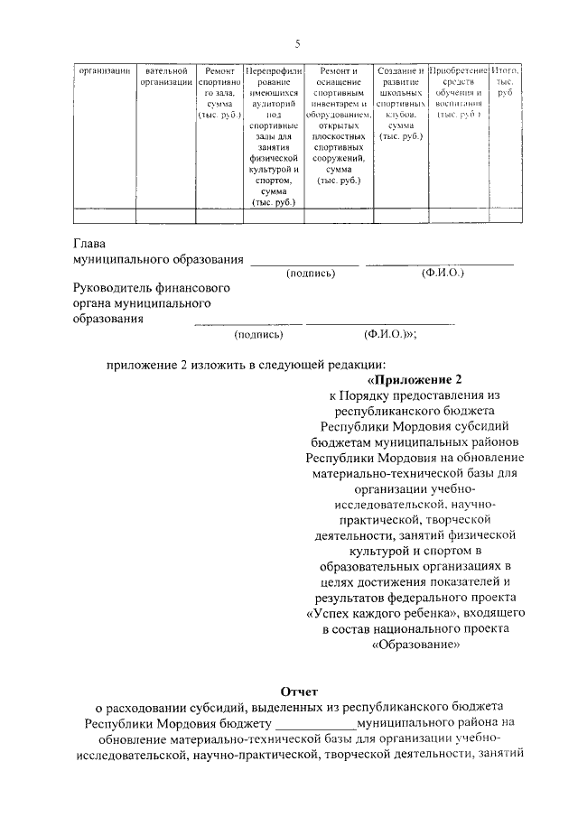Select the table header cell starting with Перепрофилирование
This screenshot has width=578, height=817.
[273, 135]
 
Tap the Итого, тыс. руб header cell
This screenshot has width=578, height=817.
[506, 81]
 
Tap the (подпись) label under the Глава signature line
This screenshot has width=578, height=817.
[311, 274]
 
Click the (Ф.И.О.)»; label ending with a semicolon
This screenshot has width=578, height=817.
[390, 334]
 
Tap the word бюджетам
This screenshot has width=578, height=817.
[342, 442]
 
